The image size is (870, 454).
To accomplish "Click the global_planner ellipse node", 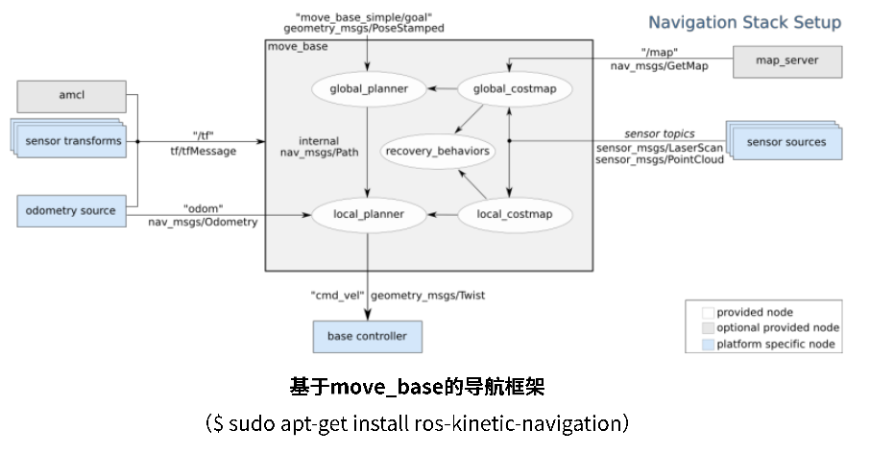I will [x=369, y=89].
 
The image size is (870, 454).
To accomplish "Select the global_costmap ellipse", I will [x=515, y=89].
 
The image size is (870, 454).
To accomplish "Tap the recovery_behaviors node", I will [x=437, y=151].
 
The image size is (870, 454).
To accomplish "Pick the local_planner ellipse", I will [x=369, y=214].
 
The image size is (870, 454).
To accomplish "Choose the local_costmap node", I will [x=515, y=214].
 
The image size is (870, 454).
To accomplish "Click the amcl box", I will [x=71, y=95].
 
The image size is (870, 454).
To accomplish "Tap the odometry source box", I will [x=71, y=211].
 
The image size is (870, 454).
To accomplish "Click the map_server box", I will [x=786, y=61].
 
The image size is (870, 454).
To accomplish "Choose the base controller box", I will [x=367, y=336].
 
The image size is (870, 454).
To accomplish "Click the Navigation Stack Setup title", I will [x=744, y=22].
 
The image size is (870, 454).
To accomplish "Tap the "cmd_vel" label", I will [x=337, y=295].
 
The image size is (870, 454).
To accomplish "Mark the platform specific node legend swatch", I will [x=708, y=345].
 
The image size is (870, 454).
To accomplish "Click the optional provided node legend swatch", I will [x=708, y=327].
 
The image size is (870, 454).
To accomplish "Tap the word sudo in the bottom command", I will [x=252, y=422].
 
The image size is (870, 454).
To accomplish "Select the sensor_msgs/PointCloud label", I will [x=660, y=160].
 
